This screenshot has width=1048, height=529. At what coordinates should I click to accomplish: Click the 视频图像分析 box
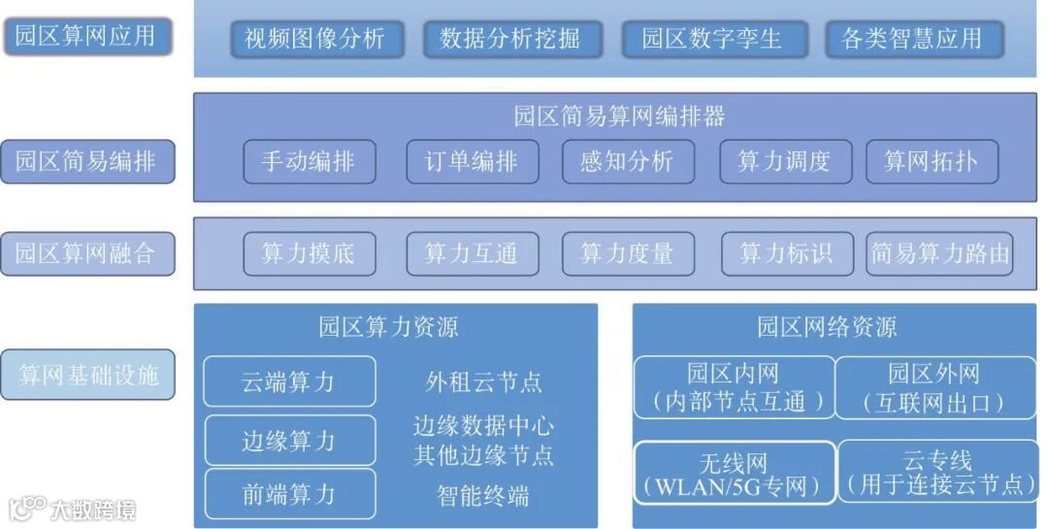[314, 39]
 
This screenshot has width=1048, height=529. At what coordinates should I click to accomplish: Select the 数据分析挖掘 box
[511, 39]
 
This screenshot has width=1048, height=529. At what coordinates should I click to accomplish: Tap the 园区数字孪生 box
[711, 39]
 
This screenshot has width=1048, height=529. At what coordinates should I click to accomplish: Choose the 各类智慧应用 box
[912, 39]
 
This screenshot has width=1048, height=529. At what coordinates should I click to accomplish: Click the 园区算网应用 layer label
[86, 37]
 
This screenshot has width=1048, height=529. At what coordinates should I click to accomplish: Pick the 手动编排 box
[308, 161]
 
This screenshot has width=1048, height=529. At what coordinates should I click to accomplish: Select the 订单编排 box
[471, 161]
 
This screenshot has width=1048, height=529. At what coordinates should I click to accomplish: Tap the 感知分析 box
[627, 161]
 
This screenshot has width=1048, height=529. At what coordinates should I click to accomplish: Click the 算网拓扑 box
[930, 161]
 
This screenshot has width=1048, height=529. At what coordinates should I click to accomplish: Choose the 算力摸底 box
[308, 254]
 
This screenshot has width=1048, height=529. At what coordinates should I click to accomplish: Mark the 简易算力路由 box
[939, 254]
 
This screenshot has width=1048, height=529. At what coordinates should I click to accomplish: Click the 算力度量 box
[627, 254]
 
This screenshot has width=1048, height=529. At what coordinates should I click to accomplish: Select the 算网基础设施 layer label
[87, 375]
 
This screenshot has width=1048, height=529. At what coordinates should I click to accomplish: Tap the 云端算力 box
[289, 381]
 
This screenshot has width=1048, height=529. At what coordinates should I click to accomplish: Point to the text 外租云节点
[483, 381]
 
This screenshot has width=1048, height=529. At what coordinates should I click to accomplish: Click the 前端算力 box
[289, 494]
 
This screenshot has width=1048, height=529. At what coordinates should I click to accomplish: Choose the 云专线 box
[936, 472]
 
